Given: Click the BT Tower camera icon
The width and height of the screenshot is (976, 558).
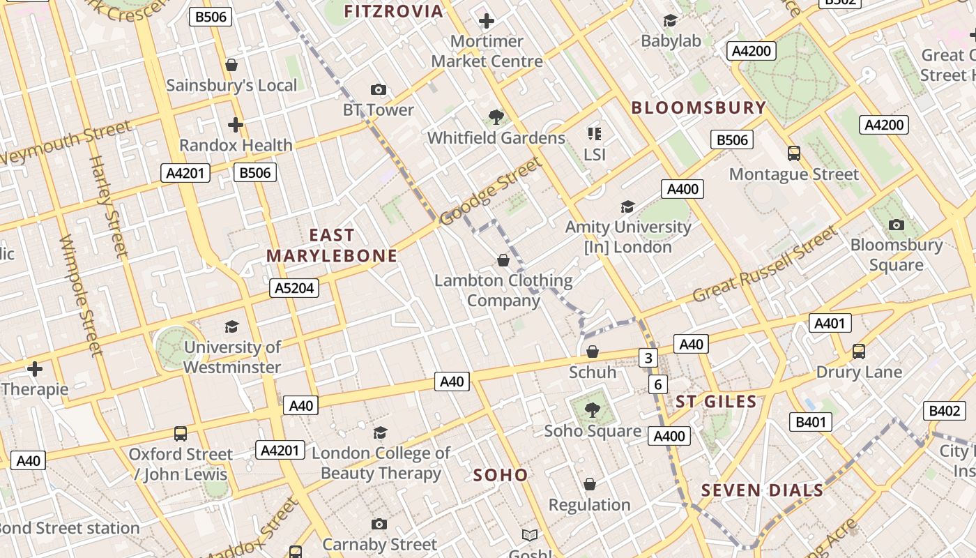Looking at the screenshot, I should (379, 89).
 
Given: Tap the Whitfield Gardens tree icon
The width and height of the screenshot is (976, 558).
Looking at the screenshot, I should (496, 116).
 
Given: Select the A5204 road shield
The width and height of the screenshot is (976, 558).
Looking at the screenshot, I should (294, 288).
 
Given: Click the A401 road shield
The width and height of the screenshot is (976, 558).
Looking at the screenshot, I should (830, 323).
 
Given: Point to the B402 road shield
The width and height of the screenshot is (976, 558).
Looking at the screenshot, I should (944, 411).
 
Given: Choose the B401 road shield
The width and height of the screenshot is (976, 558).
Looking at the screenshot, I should (810, 422).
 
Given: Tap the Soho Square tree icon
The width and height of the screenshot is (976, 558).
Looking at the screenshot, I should (592, 409).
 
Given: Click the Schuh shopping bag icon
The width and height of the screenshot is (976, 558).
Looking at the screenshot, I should (592, 352).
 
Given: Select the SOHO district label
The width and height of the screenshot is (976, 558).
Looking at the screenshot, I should (501, 475).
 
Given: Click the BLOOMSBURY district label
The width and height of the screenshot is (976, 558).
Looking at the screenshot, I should (699, 108).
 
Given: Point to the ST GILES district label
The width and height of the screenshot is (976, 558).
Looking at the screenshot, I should (716, 402).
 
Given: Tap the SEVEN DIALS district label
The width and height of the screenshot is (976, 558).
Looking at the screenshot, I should (762, 490).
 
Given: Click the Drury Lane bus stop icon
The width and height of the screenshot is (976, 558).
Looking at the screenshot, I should (859, 352).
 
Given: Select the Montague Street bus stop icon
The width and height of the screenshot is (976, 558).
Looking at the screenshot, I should (793, 153).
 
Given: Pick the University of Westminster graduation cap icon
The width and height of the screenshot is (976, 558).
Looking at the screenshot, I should (231, 326).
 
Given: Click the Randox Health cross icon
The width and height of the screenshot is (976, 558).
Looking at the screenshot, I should (236, 125).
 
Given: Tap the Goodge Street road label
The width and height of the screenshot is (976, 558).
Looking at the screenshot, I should (491, 192).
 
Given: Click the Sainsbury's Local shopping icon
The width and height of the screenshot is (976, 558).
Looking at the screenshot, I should (231, 65).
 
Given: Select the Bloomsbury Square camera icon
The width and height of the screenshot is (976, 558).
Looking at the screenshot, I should (897, 225).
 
